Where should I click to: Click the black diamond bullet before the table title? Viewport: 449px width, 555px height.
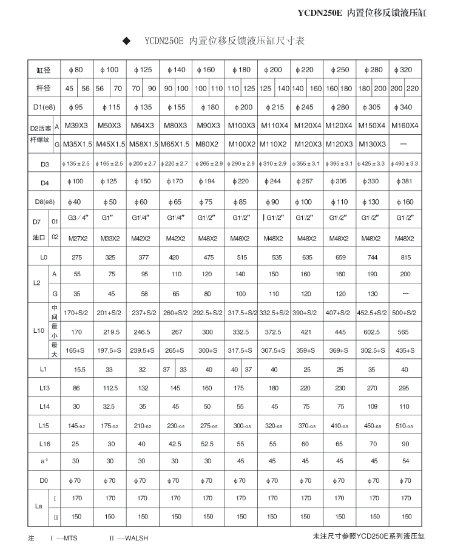tap(127, 41)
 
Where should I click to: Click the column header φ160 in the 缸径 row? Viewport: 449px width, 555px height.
tap(208, 70)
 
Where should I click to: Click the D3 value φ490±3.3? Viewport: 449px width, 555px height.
tap(404, 163)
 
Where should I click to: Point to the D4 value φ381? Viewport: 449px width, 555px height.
tap(404, 182)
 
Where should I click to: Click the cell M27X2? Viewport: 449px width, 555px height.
tap(77, 238)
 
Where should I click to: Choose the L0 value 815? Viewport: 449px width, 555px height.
tap(404, 257)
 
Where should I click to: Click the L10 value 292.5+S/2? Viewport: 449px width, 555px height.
tap(208, 313)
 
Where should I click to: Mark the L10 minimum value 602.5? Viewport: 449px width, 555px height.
tap(372, 332)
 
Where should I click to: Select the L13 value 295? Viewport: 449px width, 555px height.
tap(404, 388)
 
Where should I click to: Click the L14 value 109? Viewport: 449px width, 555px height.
tap(372, 407)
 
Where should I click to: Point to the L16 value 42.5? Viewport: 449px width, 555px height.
tap(175, 444)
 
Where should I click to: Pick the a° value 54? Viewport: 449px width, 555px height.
tap(404, 461)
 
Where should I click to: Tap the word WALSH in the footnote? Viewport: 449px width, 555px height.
tap(137, 538)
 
